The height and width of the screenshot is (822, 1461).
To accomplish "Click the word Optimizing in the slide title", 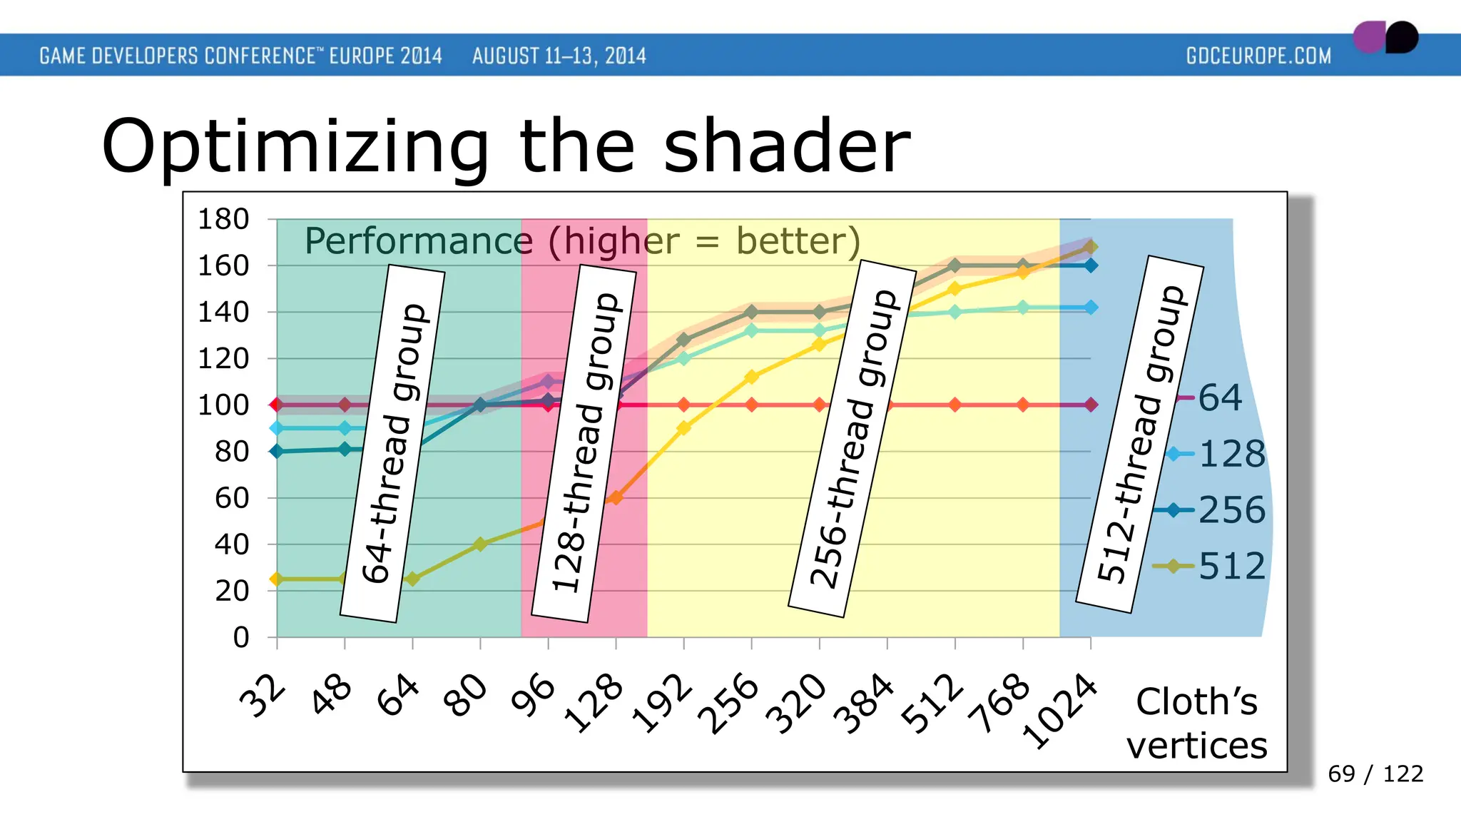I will point(295,147).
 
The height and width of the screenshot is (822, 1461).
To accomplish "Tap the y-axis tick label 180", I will point(223,219).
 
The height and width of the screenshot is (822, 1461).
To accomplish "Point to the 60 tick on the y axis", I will point(232,498).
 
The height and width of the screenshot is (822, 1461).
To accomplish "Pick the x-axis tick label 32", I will point(263,696).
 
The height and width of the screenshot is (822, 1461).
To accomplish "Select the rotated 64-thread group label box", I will point(393,443).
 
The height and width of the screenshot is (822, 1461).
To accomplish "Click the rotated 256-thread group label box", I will point(852,439).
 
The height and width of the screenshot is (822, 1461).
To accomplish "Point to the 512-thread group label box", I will point(1140,434).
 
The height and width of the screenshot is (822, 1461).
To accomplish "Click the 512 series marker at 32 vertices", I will point(277,579).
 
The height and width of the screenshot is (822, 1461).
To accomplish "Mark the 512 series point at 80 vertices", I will point(480,544).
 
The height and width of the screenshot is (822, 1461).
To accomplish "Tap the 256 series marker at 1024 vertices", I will point(1091,265).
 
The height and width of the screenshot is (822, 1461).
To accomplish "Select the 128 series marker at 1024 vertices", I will point(1091,308).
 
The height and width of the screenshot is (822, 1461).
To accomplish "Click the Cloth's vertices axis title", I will point(1196,724).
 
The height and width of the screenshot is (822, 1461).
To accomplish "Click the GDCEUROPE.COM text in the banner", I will point(1258,56).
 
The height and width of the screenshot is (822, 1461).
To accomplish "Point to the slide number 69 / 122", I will point(1375,773).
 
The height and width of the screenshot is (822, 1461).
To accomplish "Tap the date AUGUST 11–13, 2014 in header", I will point(559,56).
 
